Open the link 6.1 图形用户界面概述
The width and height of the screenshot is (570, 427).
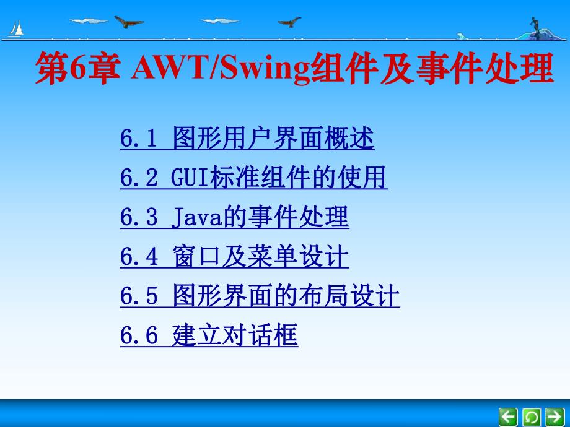[x=247, y=139]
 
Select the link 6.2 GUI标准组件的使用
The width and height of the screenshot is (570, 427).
[x=253, y=178]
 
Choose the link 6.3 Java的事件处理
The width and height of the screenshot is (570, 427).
[x=234, y=218]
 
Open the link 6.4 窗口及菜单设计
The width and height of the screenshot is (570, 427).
[x=234, y=257]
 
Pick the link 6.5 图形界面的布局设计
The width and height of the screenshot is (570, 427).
[x=260, y=297]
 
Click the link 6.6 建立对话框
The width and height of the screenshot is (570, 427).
[x=209, y=336]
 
